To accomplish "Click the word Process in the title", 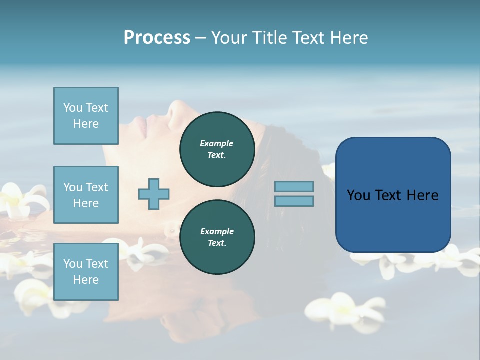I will (157, 38).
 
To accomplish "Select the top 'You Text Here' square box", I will (86, 116).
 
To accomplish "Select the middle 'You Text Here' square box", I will (86, 195).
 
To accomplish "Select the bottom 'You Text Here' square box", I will (86, 272).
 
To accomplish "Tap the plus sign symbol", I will (154, 194).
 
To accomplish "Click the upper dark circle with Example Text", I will (217, 149).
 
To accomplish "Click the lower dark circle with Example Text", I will (217, 237).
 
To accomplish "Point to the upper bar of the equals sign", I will (294, 186).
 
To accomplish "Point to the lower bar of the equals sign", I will (294, 201).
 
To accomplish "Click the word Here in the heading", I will (348, 38).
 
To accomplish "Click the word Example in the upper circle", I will (217, 143).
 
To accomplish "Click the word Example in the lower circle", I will (217, 231).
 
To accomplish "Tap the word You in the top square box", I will (73, 108).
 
